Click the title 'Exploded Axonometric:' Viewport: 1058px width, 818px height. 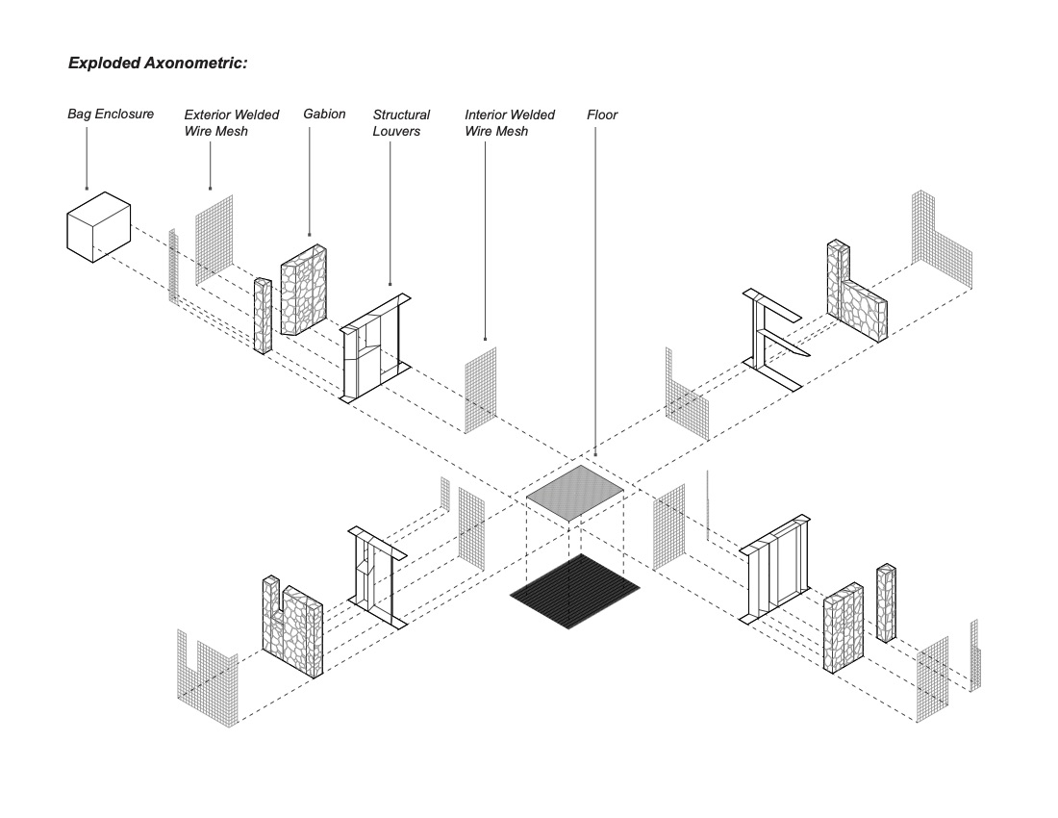pyautogui.click(x=158, y=64)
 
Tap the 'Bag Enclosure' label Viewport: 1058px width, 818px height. pyautogui.click(x=110, y=114)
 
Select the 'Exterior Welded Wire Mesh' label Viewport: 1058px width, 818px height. pyautogui.click(x=232, y=122)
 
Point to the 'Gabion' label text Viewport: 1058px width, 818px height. pyautogui.click(x=324, y=114)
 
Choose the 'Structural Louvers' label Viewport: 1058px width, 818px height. pyautogui.click(x=401, y=122)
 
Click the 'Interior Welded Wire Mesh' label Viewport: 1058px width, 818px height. pyautogui.click(x=510, y=122)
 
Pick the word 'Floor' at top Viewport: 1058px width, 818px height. pyautogui.click(x=602, y=115)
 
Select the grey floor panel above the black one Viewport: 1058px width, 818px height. pyautogui.click(x=576, y=492)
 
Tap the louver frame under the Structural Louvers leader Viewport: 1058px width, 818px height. pyautogui.click(x=378, y=346)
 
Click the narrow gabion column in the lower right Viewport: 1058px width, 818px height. pyautogui.click(x=886, y=603)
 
